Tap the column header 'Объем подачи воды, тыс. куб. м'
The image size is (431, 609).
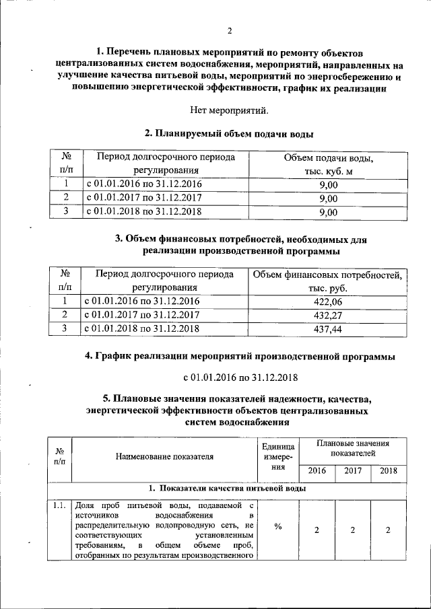coord(328,164)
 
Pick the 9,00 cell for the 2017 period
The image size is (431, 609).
coord(328,198)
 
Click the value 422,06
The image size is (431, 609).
coord(328,301)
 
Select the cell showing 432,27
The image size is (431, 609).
coord(328,315)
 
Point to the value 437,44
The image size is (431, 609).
coord(328,329)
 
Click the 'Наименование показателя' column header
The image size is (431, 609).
coord(165,456)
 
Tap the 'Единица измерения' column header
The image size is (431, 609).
coord(277,456)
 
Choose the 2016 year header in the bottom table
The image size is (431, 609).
coord(317,470)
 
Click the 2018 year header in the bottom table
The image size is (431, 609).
coord(388,470)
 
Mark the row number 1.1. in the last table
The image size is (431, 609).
coord(59,505)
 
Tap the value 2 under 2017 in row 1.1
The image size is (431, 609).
coord(353,530)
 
